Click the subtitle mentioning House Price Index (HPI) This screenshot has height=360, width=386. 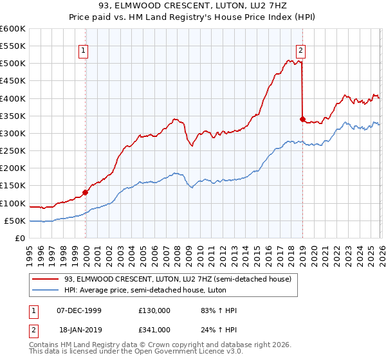pyautogui.click(x=193, y=17)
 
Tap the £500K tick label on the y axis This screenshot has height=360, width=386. pyautogui.click(x=12, y=64)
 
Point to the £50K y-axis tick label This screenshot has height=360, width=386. pyautogui.click(x=14, y=221)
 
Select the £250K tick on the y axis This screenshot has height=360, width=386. pyautogui.click(x=12, y=151)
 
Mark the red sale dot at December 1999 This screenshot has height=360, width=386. pyautogui.click(x=86, y=192)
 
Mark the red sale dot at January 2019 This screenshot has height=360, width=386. pyautogui.click(x=302, y=119)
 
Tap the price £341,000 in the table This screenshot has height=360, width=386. pyautogui.click(x=154, y=329)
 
